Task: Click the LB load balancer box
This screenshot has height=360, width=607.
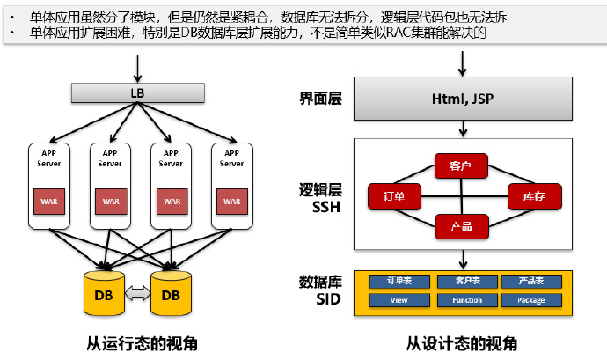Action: (136, 92)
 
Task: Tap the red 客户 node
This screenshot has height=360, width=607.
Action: (460, 165)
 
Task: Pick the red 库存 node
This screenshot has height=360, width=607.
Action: (535, 195)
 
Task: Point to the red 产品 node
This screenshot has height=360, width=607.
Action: (461, 226)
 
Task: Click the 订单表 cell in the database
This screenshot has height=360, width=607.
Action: (399, 282)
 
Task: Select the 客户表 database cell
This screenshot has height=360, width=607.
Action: (463, 282)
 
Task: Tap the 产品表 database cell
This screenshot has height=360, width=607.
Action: (530, 282)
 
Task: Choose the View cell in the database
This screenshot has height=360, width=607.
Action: (399, 300)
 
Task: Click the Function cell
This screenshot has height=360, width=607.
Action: (463, 300)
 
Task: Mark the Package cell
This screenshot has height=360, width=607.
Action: (530, 300)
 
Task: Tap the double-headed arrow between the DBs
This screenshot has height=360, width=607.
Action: (137, 294)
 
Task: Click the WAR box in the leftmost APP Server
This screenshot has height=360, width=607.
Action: (49, 201)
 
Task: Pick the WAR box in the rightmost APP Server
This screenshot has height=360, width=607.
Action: (231, 201)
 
